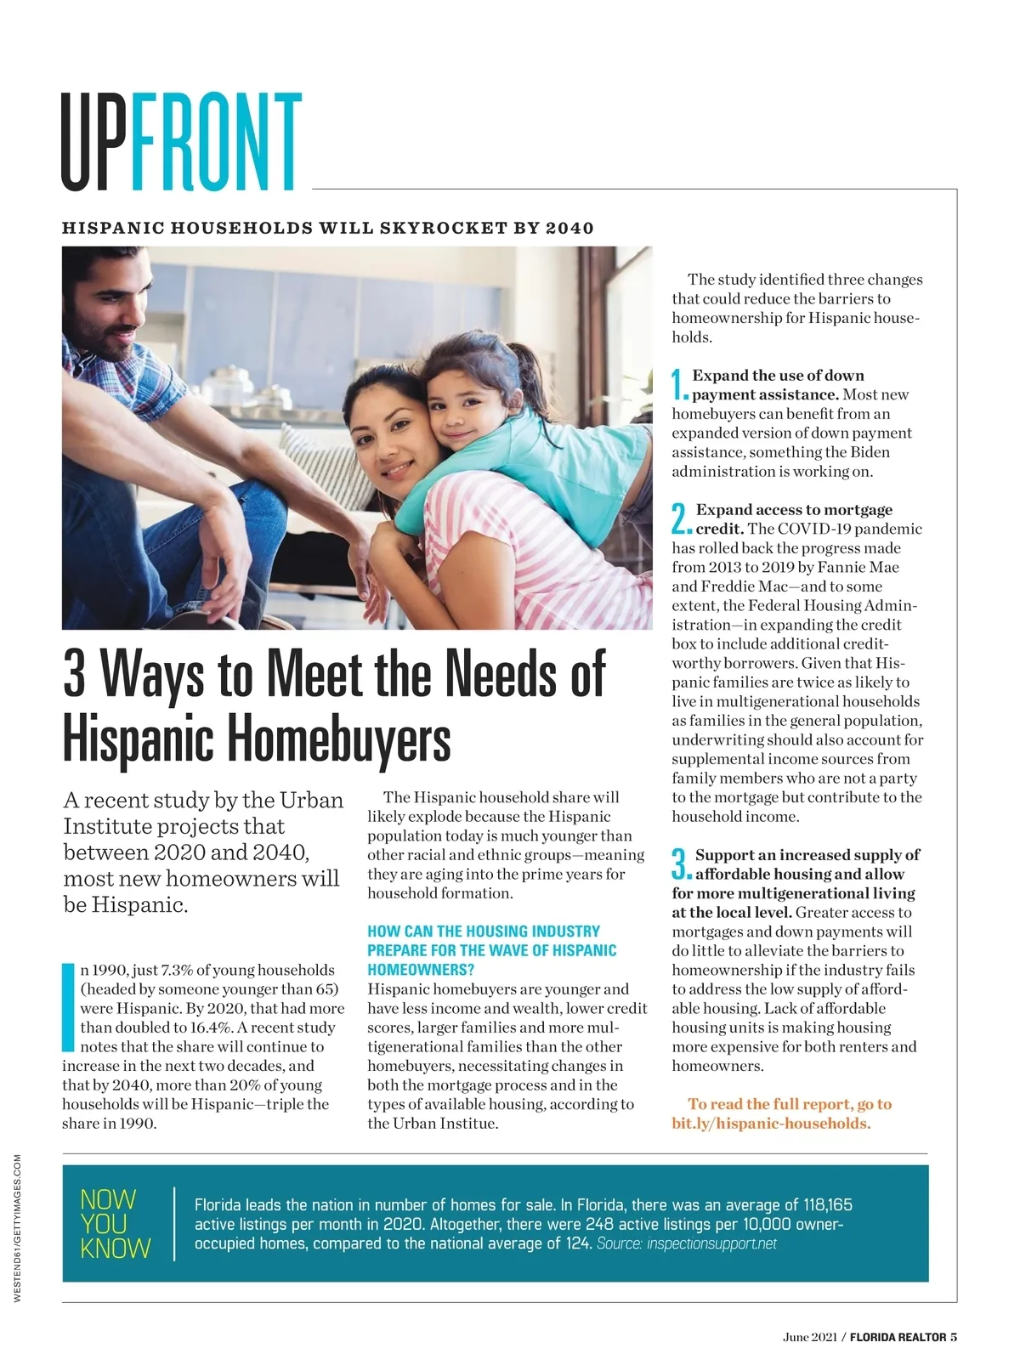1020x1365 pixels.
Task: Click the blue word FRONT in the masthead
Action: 216,142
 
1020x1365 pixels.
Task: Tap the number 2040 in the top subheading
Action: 569,228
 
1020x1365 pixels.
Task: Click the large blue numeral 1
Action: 679,384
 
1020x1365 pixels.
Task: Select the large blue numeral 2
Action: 680,518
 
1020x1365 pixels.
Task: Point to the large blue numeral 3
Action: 680,864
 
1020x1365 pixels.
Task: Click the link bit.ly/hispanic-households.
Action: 771,1124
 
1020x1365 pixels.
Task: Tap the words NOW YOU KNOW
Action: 115,1224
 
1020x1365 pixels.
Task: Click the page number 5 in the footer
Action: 954,1337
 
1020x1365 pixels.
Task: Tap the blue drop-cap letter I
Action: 69,1007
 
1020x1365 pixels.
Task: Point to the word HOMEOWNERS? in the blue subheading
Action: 421,970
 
